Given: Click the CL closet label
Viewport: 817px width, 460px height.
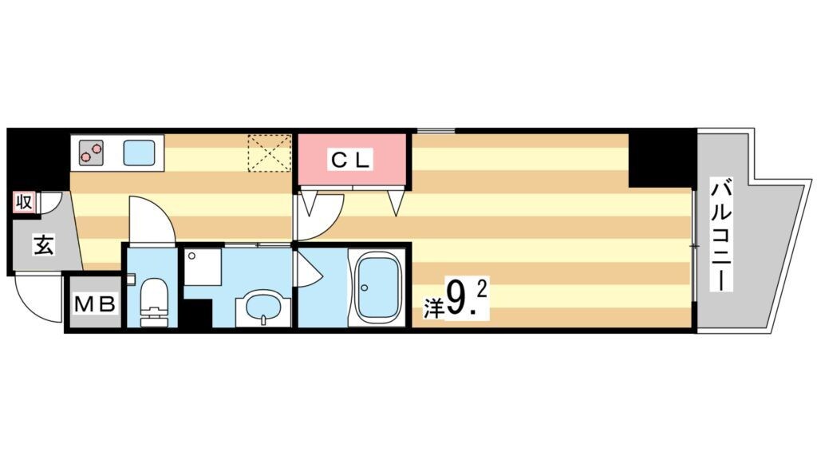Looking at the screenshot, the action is point(351,160).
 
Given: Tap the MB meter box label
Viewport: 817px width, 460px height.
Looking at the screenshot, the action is point(94,303).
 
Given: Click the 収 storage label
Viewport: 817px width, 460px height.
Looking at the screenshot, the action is point(23,201).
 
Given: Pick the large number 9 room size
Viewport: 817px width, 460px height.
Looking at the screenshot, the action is point(456,300).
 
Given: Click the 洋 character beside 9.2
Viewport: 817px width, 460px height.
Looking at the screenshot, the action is point(432,307).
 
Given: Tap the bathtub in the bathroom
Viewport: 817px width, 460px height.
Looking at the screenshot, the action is point(377,288).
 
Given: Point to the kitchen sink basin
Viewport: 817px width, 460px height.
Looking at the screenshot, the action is point(139,153).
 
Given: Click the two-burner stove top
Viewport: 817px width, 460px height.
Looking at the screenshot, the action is point(91,153).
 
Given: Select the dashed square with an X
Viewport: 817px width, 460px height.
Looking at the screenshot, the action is point(270,153).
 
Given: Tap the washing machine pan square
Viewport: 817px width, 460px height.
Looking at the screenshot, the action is point(203,267).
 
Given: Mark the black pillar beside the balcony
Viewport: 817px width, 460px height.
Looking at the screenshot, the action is point(661,159).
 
